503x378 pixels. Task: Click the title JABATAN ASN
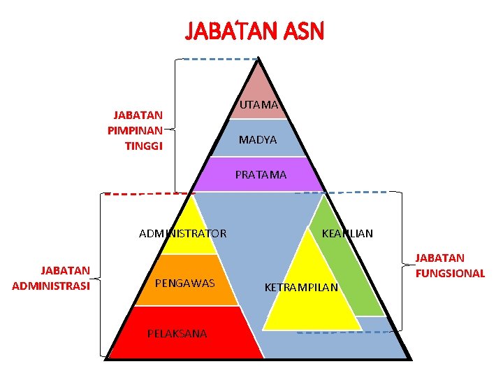pos(254,31)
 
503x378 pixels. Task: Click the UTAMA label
pos(259,104)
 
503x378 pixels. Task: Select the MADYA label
pos(258,140)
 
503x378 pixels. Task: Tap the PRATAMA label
pos(261,175)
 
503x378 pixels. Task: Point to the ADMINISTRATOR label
pos(182,233)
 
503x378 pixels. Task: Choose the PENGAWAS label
pos(184,283)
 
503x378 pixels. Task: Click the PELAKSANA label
pos(177,333)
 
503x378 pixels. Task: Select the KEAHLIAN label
pos(347,233)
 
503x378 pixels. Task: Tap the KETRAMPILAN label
pos(301,287)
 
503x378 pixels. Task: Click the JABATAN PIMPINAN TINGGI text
pos(136,130)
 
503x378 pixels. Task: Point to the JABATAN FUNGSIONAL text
pos(450,266)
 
